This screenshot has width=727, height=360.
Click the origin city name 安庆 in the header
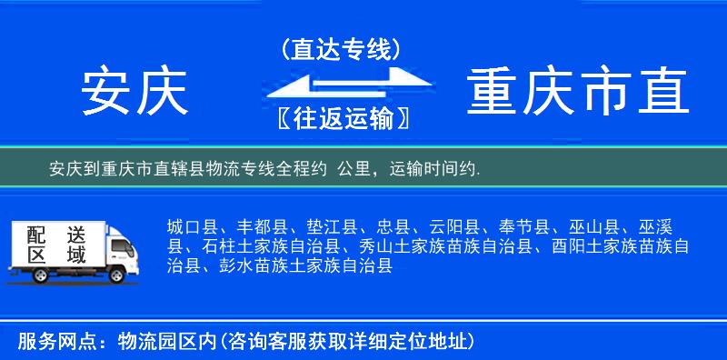pos(134,92)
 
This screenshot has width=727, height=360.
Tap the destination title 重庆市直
pos(578,92)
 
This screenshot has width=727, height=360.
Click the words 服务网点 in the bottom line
pos(46,342)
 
